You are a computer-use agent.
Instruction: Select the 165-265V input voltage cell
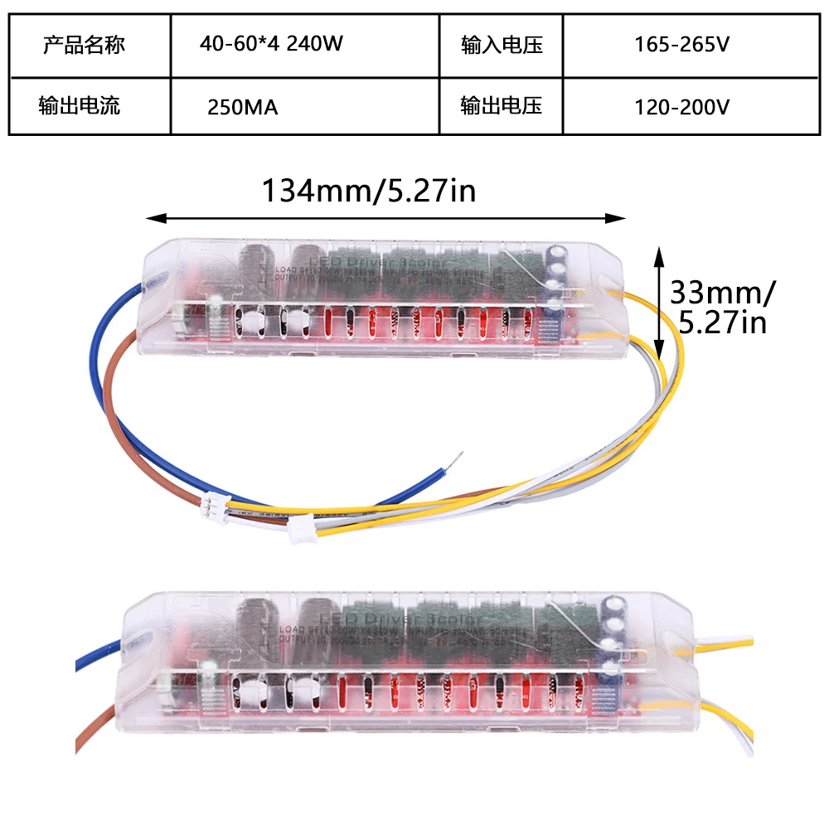click(x=681, y=44)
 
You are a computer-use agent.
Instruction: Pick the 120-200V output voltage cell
click(x=681, y=106)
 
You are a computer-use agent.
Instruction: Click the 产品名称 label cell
click(x=84, y=44)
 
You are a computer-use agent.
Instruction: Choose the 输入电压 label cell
click(x=502, y=44)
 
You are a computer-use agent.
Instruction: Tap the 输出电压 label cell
click(x=502, y=106)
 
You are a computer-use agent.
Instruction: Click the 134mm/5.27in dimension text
click(x=369, y=191)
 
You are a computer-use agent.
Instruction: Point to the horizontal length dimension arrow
click(x=385, y=219)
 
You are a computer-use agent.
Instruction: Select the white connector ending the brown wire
click(x=214, y=502)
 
